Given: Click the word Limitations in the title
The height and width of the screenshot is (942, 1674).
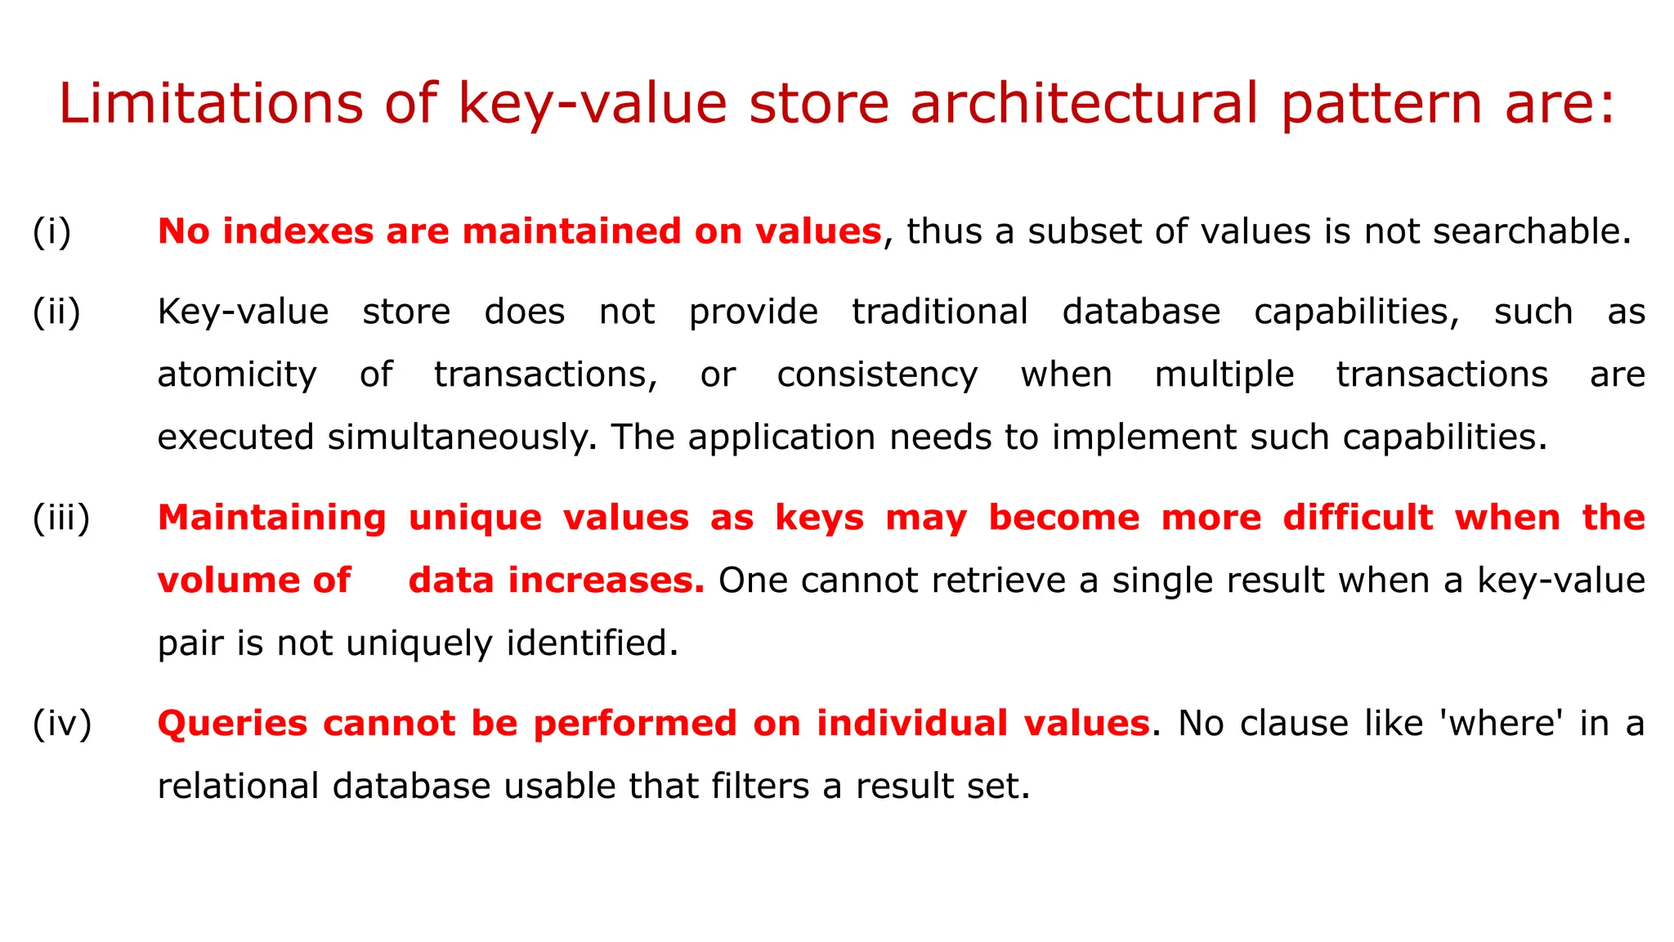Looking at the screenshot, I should [211, 104].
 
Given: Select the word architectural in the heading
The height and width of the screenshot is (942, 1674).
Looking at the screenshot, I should [1084, 104].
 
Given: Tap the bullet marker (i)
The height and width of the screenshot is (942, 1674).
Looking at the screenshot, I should [52, 231].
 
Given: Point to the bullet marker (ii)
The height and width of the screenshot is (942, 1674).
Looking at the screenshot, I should [56, 312].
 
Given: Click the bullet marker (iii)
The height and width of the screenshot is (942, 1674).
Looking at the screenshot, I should [61, 518].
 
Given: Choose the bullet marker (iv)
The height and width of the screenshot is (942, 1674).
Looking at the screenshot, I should [62, 724].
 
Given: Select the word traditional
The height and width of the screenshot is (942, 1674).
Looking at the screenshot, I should [940, 312].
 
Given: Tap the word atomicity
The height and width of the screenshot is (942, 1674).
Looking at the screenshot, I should [237, 375].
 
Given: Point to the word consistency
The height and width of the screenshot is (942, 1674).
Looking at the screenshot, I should [877, 375].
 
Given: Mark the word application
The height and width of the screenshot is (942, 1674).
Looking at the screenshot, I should [781, 437].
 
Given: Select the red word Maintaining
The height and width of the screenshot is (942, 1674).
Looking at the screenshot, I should [272, 518].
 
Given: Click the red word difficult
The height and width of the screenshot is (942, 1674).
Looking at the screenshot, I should [1358, 518].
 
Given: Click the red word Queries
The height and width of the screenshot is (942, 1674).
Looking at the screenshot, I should [233, 724].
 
